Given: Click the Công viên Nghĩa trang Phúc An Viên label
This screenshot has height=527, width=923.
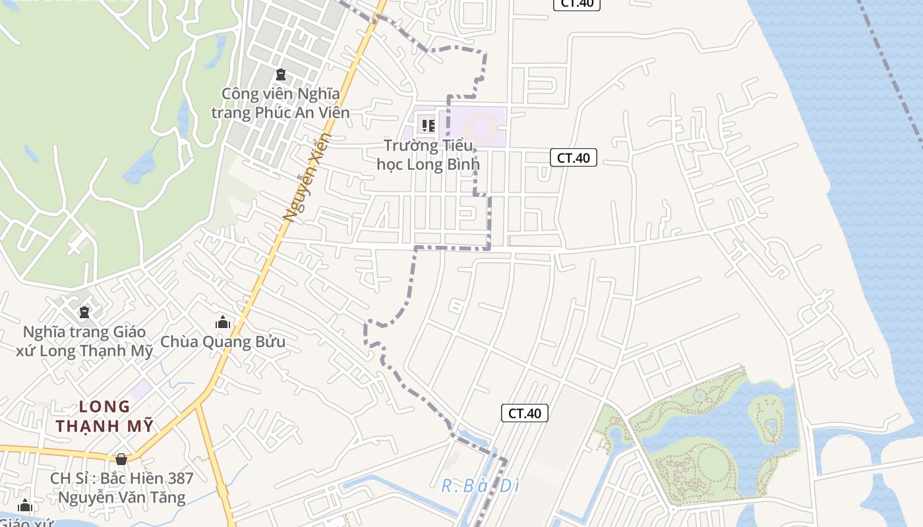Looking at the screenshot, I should [280, 103].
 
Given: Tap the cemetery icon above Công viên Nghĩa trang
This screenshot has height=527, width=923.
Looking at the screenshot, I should [281, 74].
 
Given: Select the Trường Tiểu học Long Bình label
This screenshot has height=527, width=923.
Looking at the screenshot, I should [428, 155].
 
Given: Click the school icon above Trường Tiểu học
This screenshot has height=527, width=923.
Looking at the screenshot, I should [428, 125].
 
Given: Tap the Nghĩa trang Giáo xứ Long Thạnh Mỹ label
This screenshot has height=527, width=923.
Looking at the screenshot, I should [84, 341].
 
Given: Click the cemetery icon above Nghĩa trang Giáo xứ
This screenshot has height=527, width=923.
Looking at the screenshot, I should [84, 312].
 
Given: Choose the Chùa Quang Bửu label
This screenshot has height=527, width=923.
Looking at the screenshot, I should [223, 342].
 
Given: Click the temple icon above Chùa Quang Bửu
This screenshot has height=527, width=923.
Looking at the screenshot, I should [223, 322].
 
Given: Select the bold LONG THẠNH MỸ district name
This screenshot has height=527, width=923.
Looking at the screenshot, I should [104, 416].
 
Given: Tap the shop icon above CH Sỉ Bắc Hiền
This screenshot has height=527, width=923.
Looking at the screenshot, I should [121, 459].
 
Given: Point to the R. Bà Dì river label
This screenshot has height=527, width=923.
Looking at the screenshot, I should [480, 486].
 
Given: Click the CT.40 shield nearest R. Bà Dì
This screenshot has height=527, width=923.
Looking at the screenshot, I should [525, 413].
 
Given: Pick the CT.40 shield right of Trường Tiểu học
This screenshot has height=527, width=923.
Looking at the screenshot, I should [574, 157].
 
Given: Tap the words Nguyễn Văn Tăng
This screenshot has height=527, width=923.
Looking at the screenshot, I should [122, 497].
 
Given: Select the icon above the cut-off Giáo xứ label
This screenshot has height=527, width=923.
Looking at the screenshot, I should [25, 507].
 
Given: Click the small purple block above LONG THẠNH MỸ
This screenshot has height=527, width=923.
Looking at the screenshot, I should [140, 389].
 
